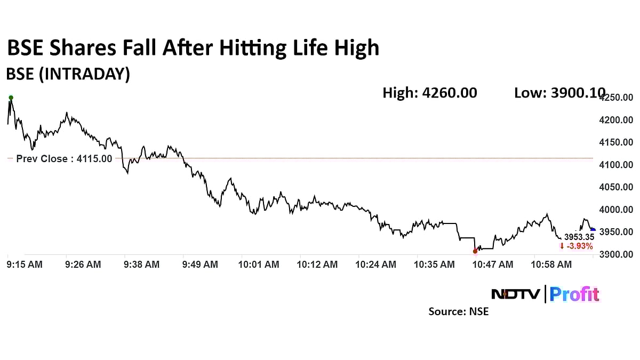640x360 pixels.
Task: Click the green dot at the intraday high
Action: click(x=11, y=98)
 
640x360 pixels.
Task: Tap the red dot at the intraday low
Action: click(x=475, y=251)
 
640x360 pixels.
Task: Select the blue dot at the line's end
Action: click(x=593, y=230)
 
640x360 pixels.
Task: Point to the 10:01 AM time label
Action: click(x=259, y=265)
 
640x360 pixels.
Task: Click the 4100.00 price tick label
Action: click(x=616, y=165)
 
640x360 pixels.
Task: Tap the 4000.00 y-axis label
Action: click(x=616, y=210)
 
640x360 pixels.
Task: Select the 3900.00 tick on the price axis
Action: click(x=616, y=255)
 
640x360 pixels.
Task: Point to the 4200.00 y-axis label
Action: click(x=616, y=120)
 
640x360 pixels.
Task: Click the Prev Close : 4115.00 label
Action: click(x=64, y=158)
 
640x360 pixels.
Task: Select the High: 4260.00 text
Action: click(x=430, y=93)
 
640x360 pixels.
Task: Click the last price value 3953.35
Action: click(x=579, y=237)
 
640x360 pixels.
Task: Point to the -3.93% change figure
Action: click(x=576, y=246)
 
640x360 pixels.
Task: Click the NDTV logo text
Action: click(x=516, y=294)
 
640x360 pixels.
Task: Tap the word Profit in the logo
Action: click(x=574, y=294)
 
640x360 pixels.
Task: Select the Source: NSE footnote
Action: click(x=459, y=311)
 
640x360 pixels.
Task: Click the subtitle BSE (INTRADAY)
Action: click(x=68, y=75)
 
